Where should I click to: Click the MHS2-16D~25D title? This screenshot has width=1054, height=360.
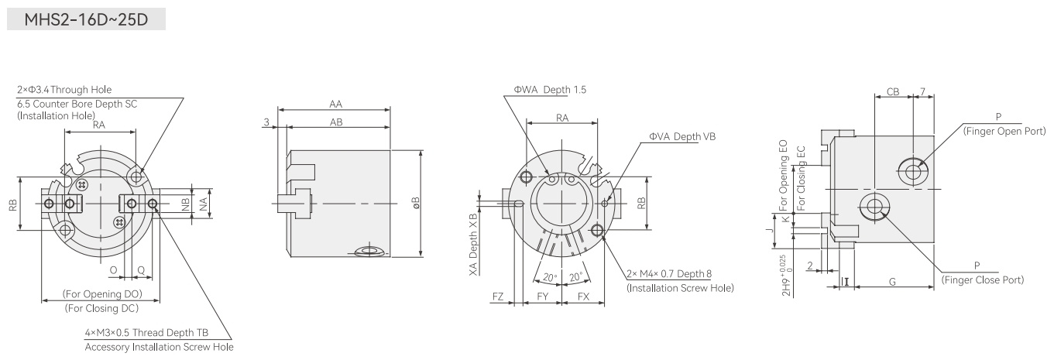tap(86, 19)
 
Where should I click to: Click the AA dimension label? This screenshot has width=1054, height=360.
tap(335, 104)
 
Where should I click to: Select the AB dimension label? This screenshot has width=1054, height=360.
tap(336, 122)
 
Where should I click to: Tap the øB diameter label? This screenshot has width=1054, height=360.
tap(416, 203)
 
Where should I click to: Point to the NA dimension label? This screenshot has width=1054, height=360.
tap(203, 204)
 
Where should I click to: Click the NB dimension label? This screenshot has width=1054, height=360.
tap(185, 204)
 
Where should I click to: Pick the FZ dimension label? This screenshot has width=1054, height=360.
tap(498, 297)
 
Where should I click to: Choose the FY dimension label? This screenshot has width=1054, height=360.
tap(543, 297)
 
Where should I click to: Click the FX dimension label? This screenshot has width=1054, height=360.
tap(583, 297)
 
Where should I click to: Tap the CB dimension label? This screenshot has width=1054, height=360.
tap(893, 92)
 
